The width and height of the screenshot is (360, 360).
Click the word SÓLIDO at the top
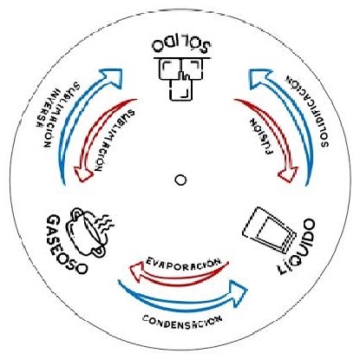(x=181, y=45)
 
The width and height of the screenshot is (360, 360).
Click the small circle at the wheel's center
(x=180, y=180)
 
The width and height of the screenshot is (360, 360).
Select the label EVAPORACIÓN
(x=183, y=262)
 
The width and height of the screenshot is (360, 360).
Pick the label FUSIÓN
(x=261, y=136)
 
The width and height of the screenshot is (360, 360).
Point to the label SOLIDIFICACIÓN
(x=308, y=112)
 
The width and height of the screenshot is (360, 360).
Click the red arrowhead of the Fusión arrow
(x=288, y=174)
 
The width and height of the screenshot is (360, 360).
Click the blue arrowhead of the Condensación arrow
(x=239, y=291)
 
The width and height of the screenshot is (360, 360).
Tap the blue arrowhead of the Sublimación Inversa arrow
(x=112, y=77)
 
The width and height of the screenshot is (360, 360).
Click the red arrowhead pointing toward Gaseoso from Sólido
(x=83, y=174)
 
